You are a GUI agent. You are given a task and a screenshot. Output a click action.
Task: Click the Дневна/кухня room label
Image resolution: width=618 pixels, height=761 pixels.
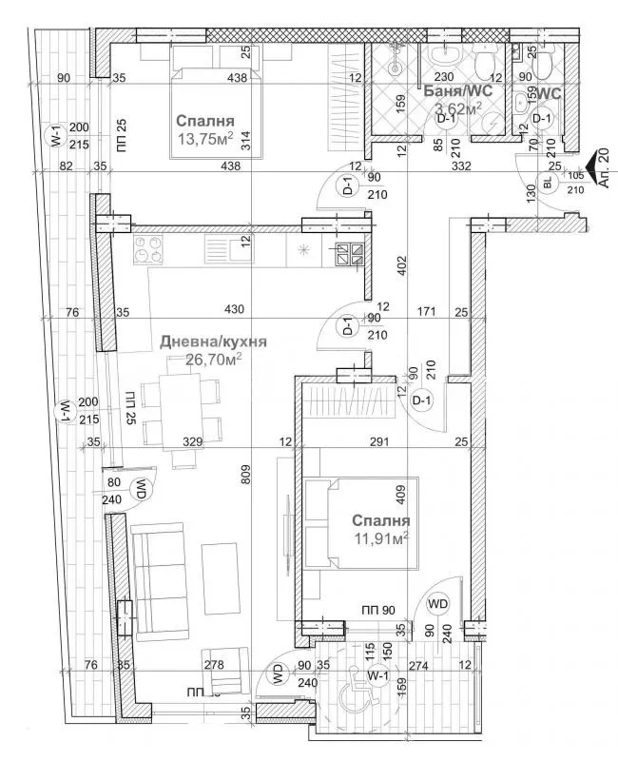(212, 341)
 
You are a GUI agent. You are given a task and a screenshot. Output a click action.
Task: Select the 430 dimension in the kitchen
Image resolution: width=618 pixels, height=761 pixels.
(234, 308)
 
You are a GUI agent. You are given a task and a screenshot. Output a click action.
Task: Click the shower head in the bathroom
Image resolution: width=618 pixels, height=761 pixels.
(397, 67)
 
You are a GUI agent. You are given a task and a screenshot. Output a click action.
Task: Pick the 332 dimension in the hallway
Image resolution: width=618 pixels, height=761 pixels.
(463, 166)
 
